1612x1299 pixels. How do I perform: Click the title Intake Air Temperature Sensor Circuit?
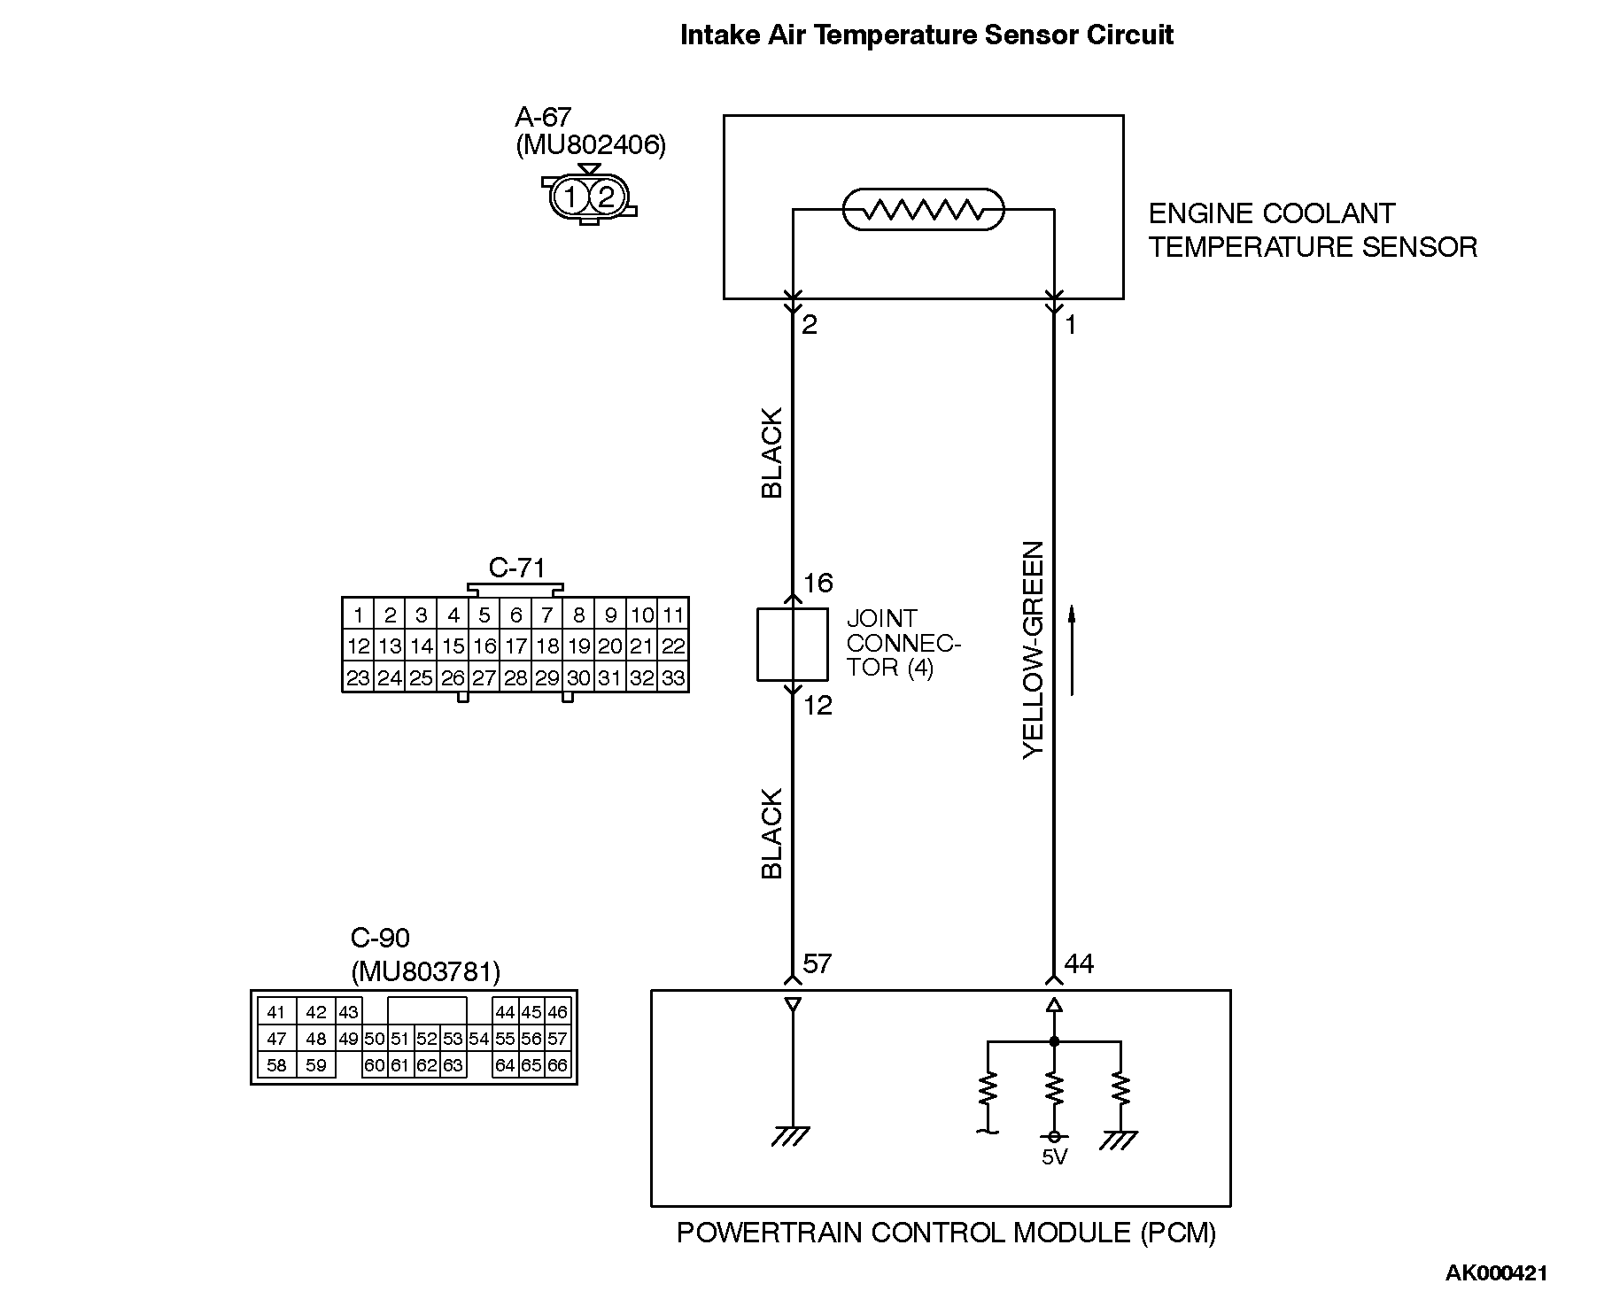[x=926, y=35]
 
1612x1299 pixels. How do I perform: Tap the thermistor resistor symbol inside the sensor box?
[x=923, y=210]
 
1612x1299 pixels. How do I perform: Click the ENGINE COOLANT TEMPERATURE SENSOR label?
[x=1313, y=230]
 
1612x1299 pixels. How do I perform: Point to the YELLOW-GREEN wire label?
[x=1034, y=649]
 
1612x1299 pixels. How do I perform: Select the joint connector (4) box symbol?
[x=792, y=645]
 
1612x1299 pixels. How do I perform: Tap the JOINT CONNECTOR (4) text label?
[x=902, y=643]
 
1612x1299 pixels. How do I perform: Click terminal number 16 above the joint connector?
[x=818, y=583]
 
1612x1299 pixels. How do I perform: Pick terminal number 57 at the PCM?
[x=817, y=963]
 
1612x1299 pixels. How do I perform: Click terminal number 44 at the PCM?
[x=1080, y=963]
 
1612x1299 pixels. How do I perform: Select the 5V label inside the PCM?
[x=1054, y=1157]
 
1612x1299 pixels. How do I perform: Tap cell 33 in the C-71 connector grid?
[x=673, y=678]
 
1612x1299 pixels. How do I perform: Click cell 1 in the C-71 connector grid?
[x=358, y=615]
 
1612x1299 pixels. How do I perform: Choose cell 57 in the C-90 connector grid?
[x=557, y=1039]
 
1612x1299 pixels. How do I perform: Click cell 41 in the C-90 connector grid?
[x=276, y=1012]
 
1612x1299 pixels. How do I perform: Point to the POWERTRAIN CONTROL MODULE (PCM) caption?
[x=946, y=1233]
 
